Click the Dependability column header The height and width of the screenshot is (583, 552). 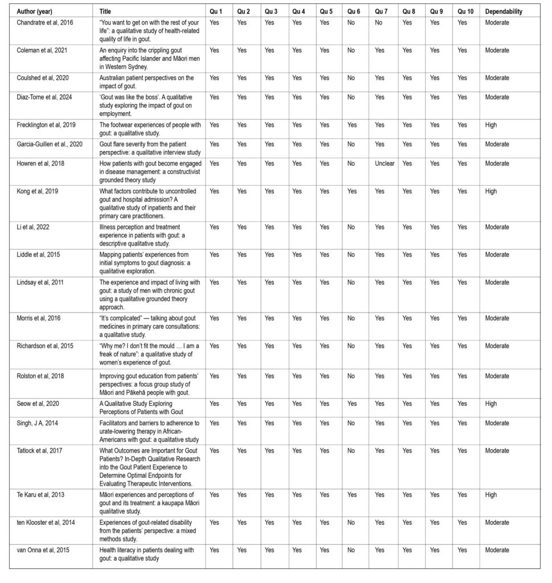[x=504, y=11]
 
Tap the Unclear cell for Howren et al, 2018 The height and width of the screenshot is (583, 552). [x=384, y=163]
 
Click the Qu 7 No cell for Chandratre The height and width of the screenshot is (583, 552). [x=378, y=23]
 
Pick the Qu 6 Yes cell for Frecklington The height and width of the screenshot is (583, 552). [x=352, y=125]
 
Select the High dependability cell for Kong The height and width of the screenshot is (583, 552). [x=491, y=191]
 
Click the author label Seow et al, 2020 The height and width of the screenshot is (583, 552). [x=35, y=404]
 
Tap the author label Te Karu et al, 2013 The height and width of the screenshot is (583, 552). [x=39, y=495]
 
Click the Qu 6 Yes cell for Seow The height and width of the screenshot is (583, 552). [x=352, y=404]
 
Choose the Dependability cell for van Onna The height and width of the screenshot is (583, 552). [x=497, y=550]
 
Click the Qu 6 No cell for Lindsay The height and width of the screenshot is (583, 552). [x=351, y=282]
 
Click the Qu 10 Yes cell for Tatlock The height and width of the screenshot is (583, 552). [x=462, y=451]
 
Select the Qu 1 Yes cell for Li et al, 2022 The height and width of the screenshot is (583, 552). [x=214, y=227]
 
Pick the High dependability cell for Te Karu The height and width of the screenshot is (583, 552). [x=491, y=495]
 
